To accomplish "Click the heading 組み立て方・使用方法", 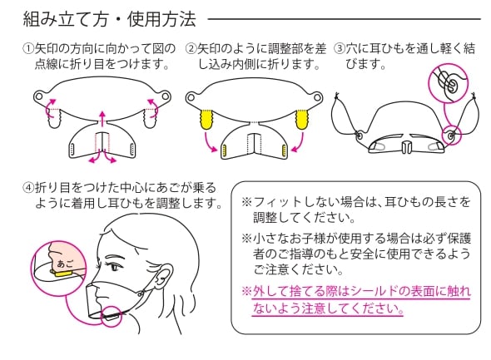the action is [x=110, y=19].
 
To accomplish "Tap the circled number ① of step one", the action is [x=28, y=48].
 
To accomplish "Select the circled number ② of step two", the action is [x=191, y=48].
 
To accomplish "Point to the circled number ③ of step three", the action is [x=340, y=48].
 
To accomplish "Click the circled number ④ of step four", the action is [x=28, y=188].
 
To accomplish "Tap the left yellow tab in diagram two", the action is [x=206, y=119].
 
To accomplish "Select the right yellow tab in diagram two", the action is [x=302, y=119].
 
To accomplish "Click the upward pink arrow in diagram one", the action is [x=102, y=118].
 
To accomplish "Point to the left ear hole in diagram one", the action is [x=39, y=96].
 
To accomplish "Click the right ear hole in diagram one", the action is [x=166, y=96].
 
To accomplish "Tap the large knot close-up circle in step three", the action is [x=448, y=83].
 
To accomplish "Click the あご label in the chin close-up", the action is [x=65, y=264].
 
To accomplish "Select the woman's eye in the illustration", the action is [x=117, y=268].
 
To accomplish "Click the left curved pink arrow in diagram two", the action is [x=209, y=142].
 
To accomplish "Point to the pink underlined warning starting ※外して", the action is [x=356, y=299].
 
